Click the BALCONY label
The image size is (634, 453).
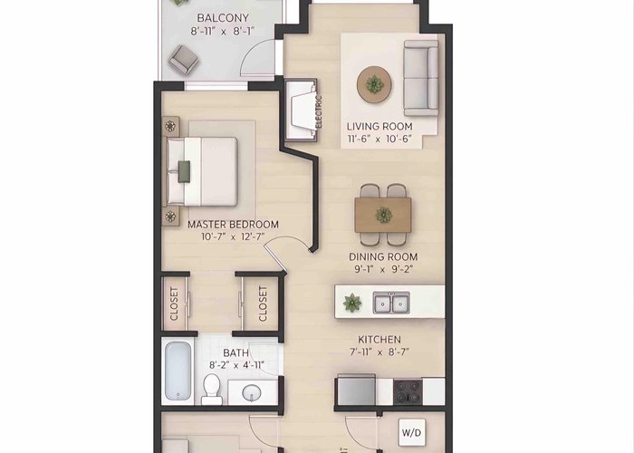(x=223, y=18)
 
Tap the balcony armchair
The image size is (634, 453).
(x=183, y=60)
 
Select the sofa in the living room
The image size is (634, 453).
(x=421, y=78)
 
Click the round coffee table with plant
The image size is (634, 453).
(x=374, y=84)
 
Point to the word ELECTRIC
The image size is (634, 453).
(x=319, y=111)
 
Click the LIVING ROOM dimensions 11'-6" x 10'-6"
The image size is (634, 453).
(x=379, y=140)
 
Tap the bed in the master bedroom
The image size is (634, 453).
(x=201, y=171)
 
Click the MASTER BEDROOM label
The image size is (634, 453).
(x=233, y=225)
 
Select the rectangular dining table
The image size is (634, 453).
(x=383, y=215)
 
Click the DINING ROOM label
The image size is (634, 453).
(x=383, y=256)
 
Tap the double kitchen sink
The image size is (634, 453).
(x=391, y=303)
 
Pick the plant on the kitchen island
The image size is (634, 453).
(x=352, y=303)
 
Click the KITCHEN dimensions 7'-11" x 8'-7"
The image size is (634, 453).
(x=379, y=352)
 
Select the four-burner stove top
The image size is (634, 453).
(x=408, y=391)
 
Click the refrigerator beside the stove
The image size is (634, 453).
(x=356, y=390)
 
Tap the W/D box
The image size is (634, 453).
(x=411, y=433)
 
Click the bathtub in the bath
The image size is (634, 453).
(x=178, y=371)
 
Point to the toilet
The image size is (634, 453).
(x=211, y=389)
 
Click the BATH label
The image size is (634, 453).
(x=235, y=353)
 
